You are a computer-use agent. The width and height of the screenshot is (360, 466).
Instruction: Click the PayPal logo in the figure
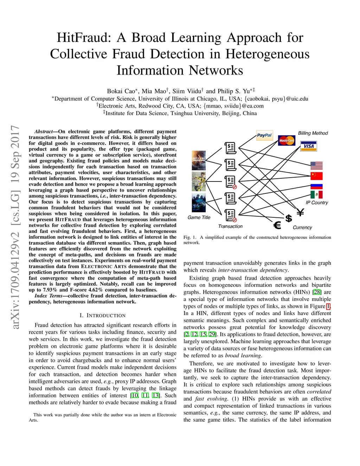point(264,135)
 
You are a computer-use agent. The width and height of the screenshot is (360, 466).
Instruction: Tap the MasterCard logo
point(287,141)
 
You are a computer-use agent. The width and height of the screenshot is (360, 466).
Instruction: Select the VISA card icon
point(308,146)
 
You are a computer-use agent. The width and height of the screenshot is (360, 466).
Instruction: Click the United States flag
point(316,165)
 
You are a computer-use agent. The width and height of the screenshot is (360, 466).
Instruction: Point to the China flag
point(316,176)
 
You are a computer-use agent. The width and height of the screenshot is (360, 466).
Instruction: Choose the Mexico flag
point(316,194)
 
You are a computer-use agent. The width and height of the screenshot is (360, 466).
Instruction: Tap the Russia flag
point(316,186)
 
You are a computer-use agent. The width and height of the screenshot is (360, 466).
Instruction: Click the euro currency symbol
point(277,225)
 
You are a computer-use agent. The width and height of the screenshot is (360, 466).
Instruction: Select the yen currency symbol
point(300,212)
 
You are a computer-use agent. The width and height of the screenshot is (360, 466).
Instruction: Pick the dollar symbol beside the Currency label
point(289,218)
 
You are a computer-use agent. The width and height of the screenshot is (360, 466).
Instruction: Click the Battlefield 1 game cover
point(199,161)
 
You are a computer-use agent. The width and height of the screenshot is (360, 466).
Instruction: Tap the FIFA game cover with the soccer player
point(199,181)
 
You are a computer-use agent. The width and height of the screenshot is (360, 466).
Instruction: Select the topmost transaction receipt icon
point(230,148)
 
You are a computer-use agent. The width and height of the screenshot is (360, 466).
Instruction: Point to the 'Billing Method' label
point(313,133)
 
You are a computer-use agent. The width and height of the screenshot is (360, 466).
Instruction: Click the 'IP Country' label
point(316,203)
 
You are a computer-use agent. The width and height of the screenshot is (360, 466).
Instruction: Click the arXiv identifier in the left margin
point(15,227)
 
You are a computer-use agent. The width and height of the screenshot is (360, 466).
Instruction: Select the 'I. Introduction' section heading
point(102,315)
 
